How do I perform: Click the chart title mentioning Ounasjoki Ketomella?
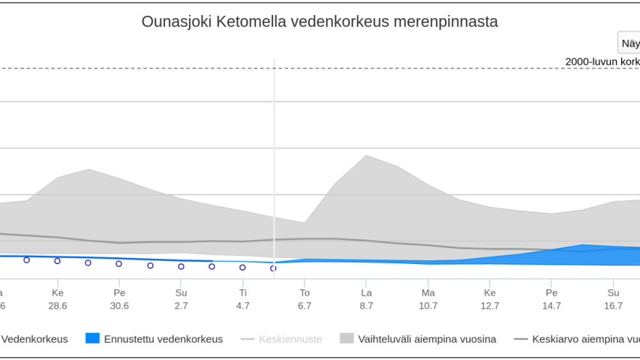320,22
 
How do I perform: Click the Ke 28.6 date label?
57,299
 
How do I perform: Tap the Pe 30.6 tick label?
119,299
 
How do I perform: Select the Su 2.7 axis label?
181,299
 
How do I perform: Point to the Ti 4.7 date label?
242,299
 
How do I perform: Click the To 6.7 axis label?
305,299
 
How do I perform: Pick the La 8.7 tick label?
366,299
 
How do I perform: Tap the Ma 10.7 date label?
428,299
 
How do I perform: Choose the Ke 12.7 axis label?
490,299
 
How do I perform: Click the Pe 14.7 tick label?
551,299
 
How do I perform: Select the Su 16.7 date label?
613,299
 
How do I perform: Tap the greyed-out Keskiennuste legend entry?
290,339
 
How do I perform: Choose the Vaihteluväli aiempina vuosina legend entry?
427,339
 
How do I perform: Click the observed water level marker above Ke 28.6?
57,261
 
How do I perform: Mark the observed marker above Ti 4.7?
242,267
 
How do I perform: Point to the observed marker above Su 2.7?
181,266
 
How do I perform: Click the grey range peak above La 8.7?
366,155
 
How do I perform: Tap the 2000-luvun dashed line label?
602,61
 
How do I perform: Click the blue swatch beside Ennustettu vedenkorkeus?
92,339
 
